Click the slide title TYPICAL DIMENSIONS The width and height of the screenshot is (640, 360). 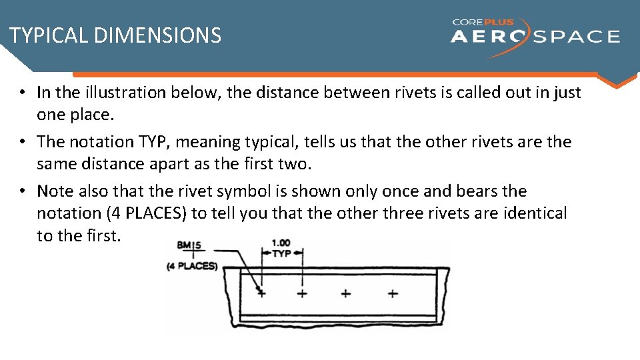tap(115, 35)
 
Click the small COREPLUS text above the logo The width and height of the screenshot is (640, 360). tap(483, 22)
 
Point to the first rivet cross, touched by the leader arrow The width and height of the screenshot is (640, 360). tap(261, 293)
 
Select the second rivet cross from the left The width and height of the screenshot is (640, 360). tap(303, 293)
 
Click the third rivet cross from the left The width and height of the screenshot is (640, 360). tap(346, 293)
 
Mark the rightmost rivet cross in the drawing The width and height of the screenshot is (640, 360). tap(393, 293)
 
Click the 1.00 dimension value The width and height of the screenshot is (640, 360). tap(281, 243)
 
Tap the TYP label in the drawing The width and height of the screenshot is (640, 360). tap(282, 254)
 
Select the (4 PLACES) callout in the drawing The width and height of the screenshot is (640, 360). tap(192, 266)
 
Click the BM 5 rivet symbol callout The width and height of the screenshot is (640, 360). tap(190, 245)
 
